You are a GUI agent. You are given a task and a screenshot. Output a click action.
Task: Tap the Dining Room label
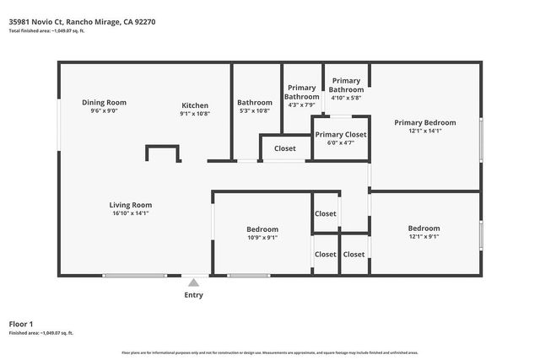104,102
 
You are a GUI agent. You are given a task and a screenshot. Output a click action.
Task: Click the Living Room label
130,204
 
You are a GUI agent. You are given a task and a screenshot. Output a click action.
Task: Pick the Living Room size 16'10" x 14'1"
130,213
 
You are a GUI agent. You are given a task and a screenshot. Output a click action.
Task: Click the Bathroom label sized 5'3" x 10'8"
254,102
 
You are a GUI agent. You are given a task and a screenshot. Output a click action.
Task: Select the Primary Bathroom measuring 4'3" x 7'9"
302,92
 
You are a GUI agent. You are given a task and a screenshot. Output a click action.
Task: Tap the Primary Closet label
340,134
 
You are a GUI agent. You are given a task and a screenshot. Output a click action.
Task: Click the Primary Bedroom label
424,122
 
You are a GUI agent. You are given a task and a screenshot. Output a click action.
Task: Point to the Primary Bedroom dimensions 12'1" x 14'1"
424,132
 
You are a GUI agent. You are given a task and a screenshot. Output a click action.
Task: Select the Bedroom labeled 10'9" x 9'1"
262,228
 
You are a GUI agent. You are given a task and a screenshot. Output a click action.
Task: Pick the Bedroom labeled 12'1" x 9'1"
424,228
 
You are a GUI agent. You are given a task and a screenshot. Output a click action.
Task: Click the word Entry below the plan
193,295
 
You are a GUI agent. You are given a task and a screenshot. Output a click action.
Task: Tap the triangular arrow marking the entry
193,282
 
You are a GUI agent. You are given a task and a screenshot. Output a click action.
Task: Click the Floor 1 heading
20,324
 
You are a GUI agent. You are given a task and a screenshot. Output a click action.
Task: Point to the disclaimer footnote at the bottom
269,352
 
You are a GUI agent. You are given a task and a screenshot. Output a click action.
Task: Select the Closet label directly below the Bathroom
285,148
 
